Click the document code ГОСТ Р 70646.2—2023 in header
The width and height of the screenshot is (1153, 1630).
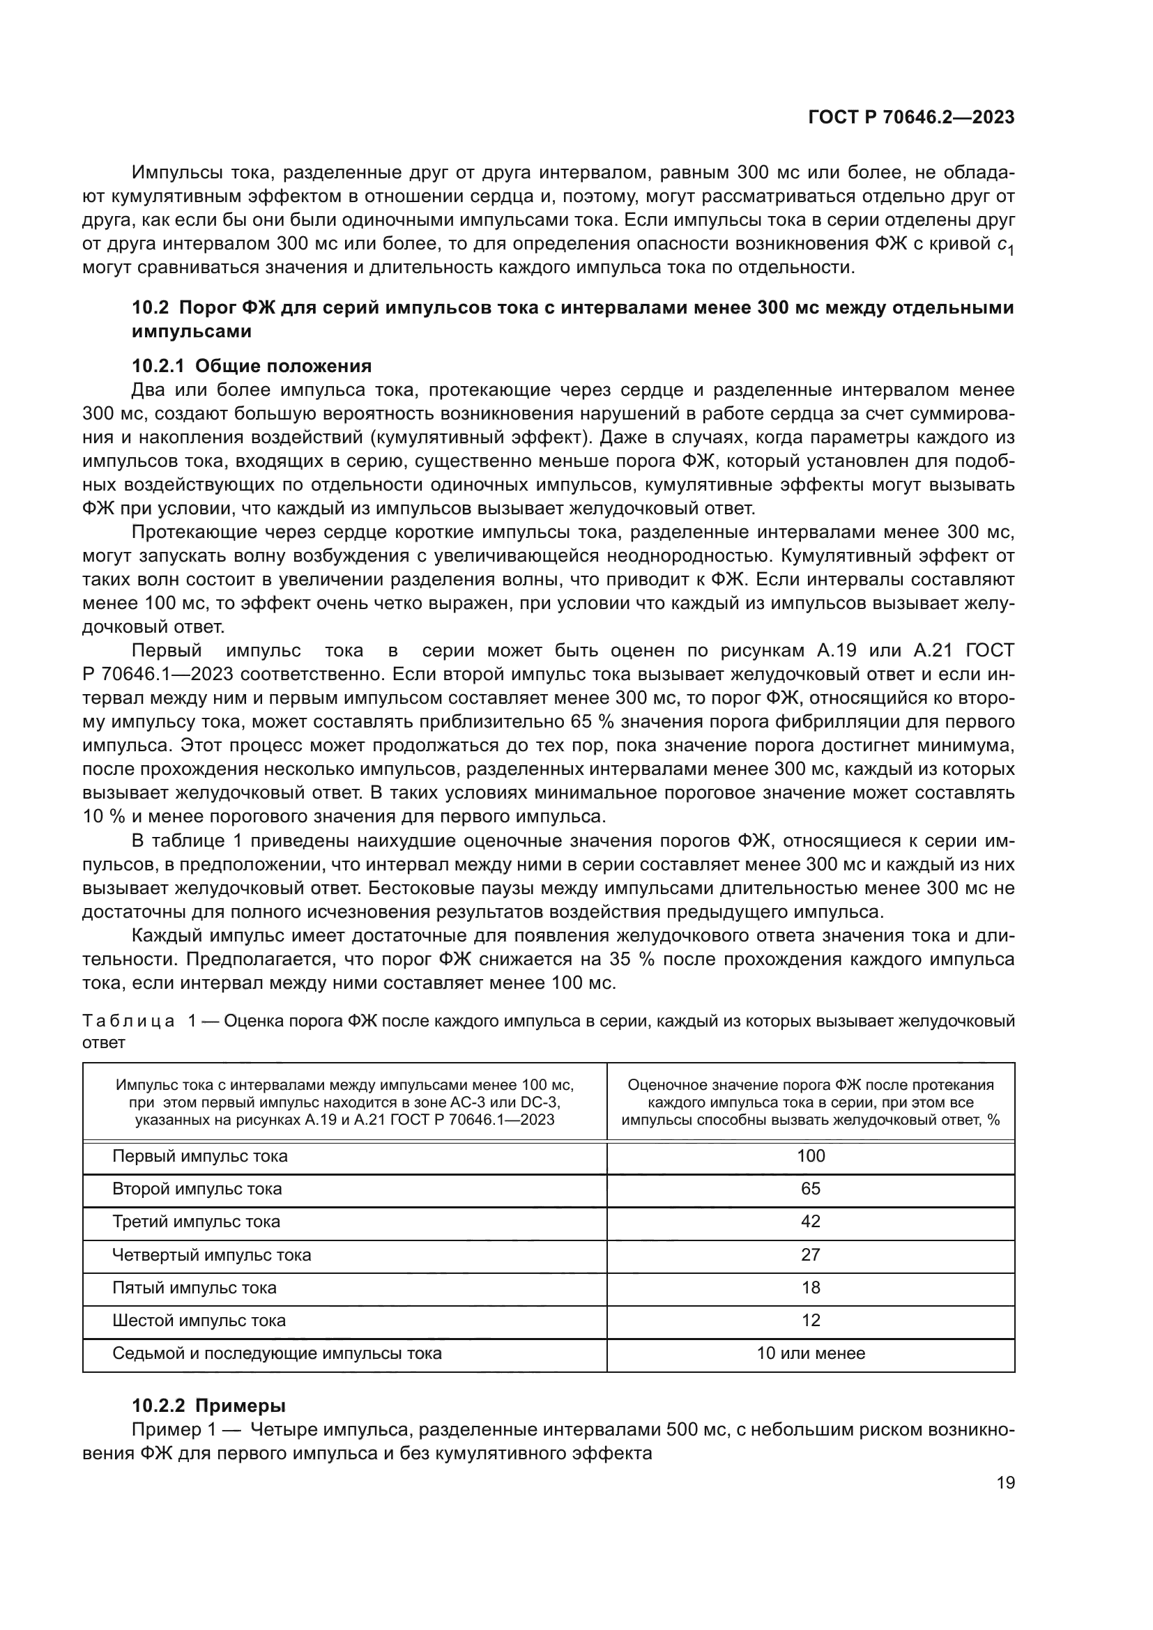911,118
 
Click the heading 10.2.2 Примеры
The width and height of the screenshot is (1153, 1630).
208,1406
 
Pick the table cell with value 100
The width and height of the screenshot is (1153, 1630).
810,1155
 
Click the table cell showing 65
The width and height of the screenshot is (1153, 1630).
810,1188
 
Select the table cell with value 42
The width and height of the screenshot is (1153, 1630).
810,1221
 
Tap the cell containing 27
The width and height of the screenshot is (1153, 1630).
810,1254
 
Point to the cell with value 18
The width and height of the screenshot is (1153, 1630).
810,1287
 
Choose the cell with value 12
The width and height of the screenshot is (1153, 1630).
810,1320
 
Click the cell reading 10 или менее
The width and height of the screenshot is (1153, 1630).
810,1353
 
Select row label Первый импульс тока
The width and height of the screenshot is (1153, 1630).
199,1155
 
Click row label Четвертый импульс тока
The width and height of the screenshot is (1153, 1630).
212,1254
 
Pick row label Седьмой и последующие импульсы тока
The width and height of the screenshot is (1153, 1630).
277,1353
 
